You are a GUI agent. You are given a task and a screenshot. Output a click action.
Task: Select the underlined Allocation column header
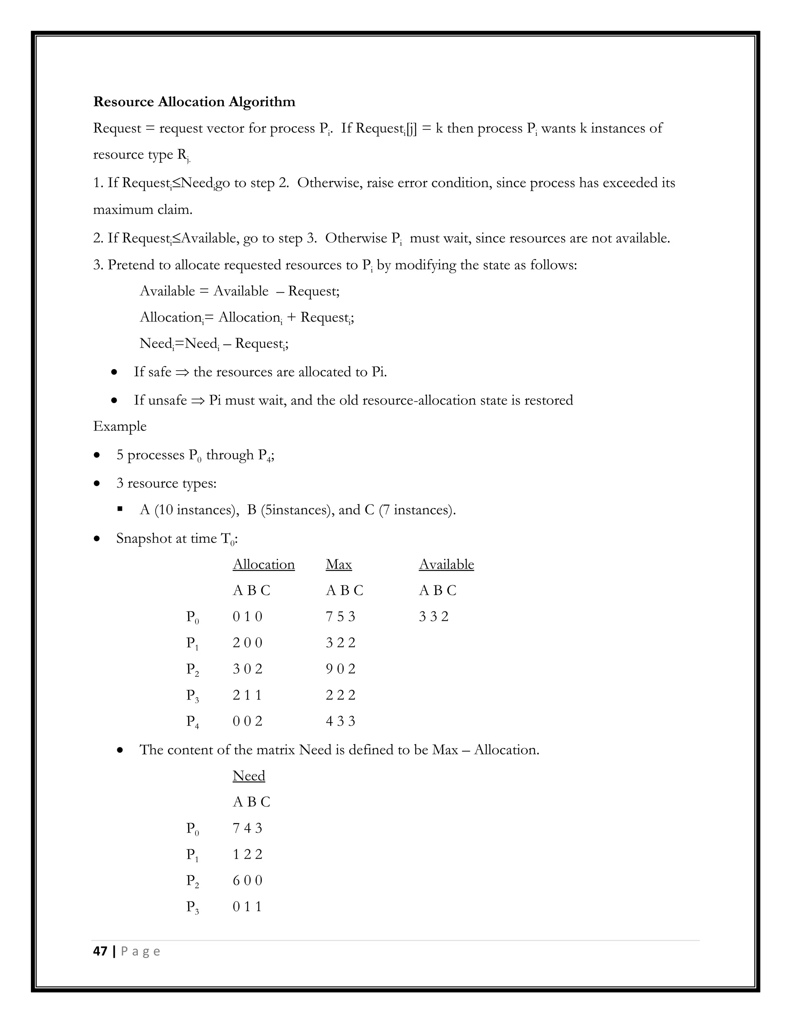click(263, 564)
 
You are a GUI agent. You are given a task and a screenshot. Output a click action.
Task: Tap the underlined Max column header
click(338, 564)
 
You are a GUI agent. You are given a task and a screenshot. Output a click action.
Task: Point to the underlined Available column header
click(446, 564)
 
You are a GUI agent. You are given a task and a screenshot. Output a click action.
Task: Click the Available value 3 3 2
click(433, 617)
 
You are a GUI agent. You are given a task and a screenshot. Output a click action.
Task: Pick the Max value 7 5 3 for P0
click(340, 617)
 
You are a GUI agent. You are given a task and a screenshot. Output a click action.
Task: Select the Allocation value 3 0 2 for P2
click(248, 669)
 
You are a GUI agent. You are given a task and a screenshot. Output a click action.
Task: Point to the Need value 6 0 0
click(248, 880)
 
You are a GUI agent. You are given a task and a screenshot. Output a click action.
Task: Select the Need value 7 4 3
click(248, 828)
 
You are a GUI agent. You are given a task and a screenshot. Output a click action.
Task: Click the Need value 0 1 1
click(247, 906)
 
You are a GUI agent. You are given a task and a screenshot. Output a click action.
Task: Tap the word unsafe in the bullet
click(167, 400)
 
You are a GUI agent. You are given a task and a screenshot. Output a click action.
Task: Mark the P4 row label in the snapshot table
click(192, 722)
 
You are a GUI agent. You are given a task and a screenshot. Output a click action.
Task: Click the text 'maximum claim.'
click(143, 209)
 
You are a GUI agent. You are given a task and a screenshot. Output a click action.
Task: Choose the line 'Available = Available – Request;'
click(239, 291)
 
